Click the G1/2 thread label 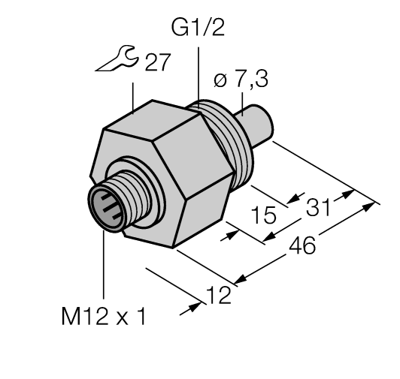(198, 29)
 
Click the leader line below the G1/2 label (198, 71)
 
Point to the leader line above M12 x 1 (102, 263)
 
